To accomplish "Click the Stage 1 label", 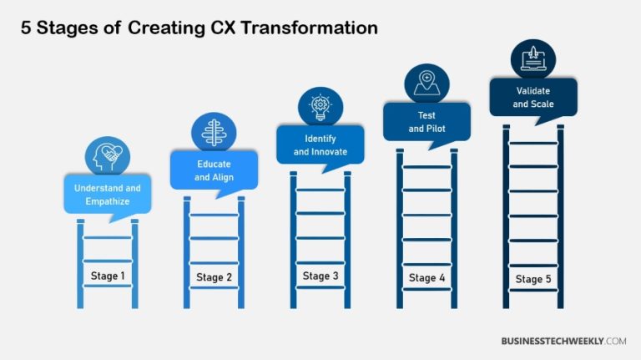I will click(108, 275).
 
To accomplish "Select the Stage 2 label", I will click(215, 277).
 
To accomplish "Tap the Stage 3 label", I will click(321, 276).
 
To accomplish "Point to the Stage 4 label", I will click(427, 277).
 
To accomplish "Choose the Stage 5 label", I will click(533, 279).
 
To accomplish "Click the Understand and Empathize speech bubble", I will click(108, 194).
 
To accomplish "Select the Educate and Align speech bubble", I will click(215, 170).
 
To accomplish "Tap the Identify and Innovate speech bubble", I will click(320, 145).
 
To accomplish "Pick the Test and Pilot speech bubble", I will click(426, 122).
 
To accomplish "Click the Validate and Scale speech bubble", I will click(533, 98).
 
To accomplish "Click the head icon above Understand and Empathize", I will click(108, 156).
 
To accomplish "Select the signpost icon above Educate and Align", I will click(215, 132).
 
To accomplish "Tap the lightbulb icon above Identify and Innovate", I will click(320, 106).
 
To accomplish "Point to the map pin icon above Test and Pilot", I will click(426, 83).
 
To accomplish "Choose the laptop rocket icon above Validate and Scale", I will click(533, 58).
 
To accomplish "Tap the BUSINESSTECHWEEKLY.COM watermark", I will click(563, 341).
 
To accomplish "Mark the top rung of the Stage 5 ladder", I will click(533, 143).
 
